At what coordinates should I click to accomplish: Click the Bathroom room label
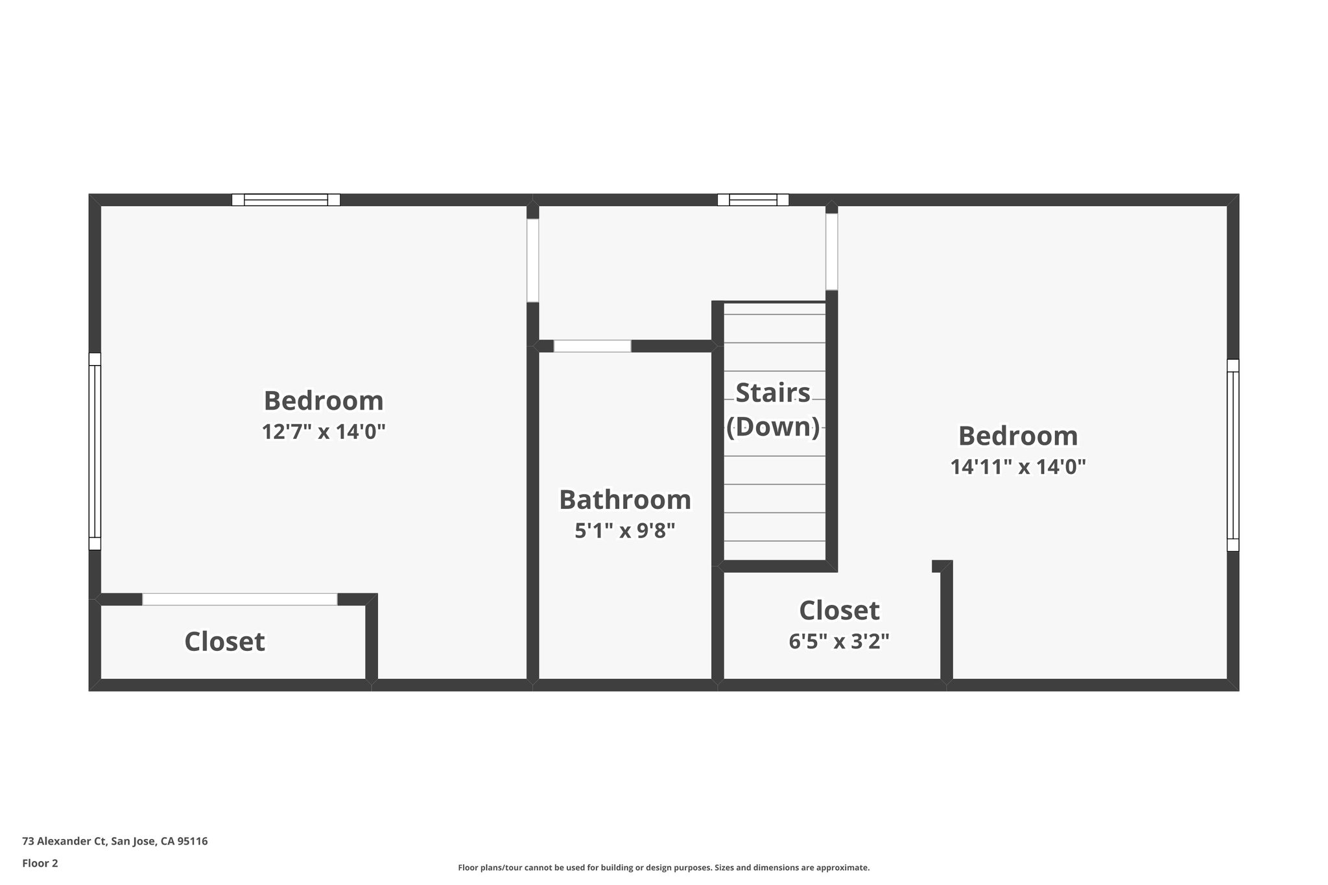coord(624,500)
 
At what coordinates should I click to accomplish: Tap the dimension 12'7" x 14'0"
coord(324,431)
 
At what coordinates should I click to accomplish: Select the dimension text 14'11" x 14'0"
coord(1017,466)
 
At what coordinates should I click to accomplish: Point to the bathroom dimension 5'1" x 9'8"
coord(624,531)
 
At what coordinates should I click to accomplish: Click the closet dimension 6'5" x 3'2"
coord(838,641)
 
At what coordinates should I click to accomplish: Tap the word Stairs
coord(772,393)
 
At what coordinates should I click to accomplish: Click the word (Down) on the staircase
coord(772,427)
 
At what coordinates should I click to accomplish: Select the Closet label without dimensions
coord(224,642)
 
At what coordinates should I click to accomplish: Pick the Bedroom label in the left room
coord(324,401)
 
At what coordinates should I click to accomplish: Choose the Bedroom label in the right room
coord(1017,436)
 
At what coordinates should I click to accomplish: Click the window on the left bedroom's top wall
coord(286,200)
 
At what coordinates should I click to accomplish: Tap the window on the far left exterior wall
coord(95,451)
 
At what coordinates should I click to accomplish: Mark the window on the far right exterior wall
coord(1233,455)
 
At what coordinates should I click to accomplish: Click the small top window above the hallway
coord(753,200)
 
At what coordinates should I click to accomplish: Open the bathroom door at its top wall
coord(592,346)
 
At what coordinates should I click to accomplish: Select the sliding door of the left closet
coord(239,599)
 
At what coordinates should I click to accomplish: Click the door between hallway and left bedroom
coord(532,261)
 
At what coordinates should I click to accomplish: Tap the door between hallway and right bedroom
coord(831,252)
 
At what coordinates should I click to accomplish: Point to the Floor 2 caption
coord(40,863)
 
